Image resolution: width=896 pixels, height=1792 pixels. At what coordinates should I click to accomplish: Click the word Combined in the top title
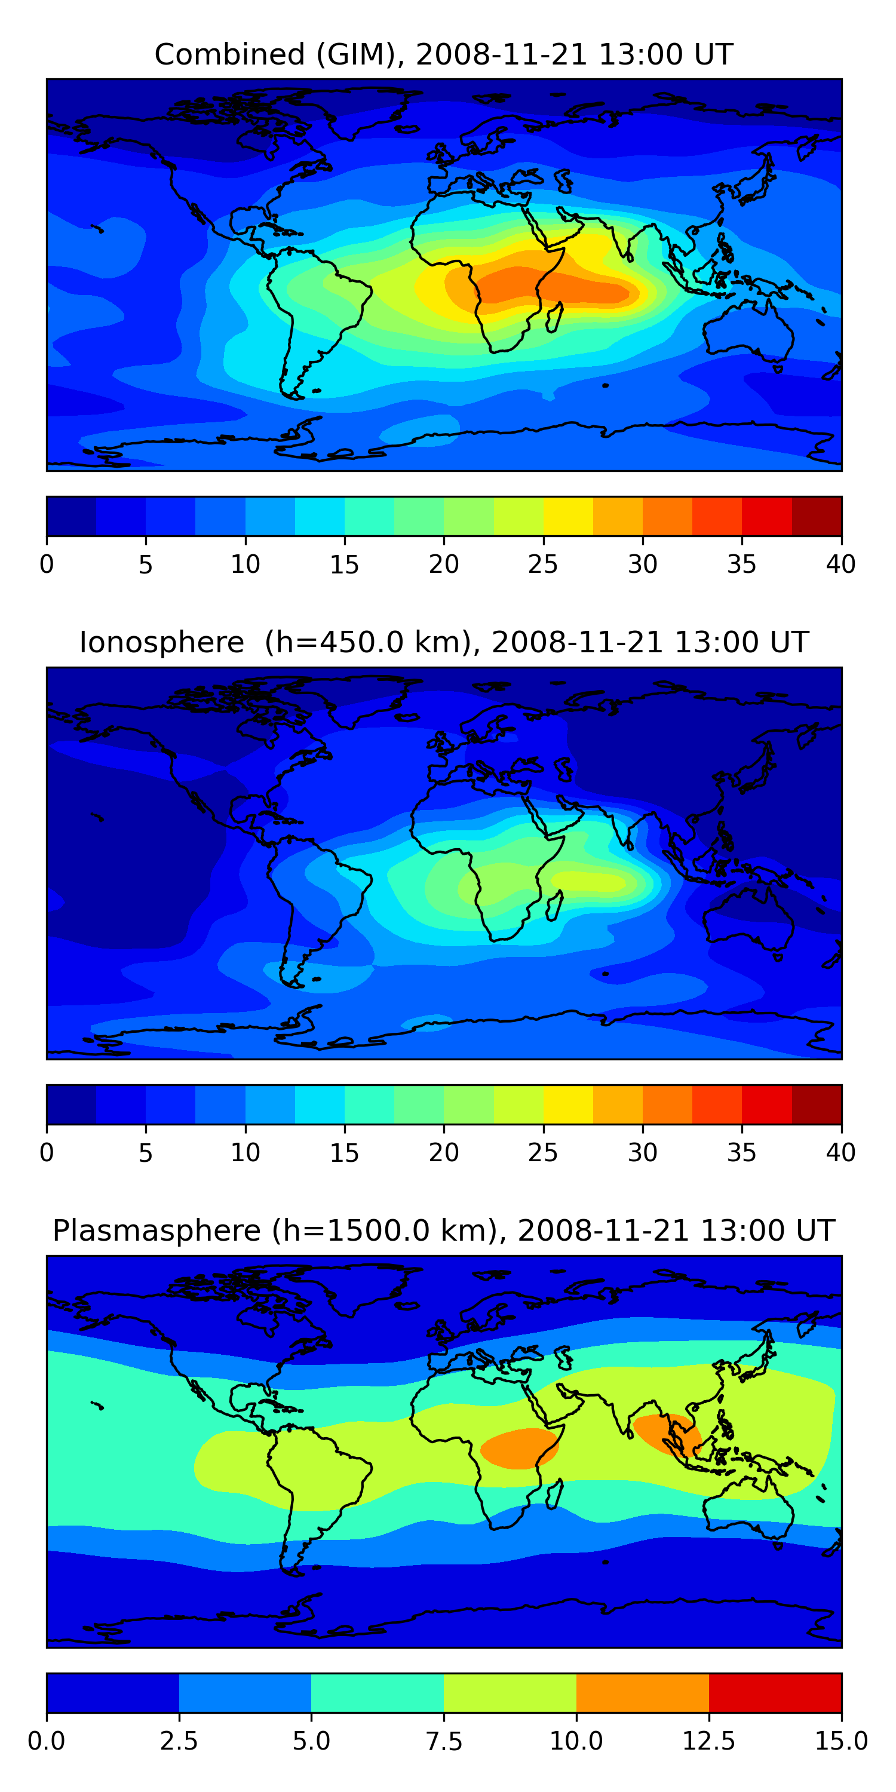coord(229,54)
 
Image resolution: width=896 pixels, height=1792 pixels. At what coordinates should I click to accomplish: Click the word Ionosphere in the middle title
coord(161,642)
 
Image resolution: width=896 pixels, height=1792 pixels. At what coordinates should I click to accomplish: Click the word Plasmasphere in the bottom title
coord(157,1231)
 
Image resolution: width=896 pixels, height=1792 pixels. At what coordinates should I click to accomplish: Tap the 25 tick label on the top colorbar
coord(542,564)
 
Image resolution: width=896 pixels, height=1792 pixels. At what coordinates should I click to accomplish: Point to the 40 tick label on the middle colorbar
coord(840,1153)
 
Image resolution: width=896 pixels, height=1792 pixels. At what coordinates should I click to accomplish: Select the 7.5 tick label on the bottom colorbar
coord(444,1741)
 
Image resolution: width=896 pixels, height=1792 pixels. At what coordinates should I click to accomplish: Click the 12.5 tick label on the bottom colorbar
coord(708,1741)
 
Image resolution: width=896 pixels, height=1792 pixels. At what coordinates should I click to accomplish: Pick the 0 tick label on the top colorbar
coord(47,564)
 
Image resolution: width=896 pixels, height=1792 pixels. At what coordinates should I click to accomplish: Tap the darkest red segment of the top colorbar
coord(817,516)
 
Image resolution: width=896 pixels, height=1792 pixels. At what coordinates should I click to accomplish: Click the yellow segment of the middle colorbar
coord(567,1104)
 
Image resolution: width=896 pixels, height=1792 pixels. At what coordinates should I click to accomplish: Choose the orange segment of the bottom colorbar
coord(642,1692)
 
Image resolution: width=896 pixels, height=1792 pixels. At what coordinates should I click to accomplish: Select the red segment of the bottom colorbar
coord(775,1692)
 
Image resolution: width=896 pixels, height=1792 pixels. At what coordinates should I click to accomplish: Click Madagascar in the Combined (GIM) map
coord(554,317)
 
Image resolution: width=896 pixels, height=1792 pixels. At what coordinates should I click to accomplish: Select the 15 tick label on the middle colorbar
coord(344,1153)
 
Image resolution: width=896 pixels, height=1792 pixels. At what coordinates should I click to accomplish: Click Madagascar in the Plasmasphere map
coord(554,1495)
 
